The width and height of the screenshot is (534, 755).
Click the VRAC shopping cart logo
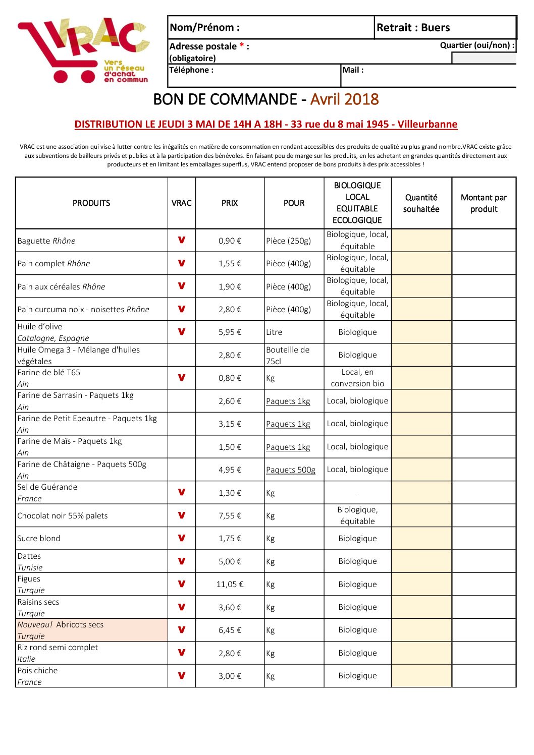83,50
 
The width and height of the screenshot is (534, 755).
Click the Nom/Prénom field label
204,28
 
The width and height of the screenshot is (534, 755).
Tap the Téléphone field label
191,70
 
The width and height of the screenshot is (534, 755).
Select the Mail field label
353,70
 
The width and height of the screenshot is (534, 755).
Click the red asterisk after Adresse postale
242,46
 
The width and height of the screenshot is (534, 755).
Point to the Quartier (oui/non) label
477,45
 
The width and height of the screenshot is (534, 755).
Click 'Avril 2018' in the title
344,99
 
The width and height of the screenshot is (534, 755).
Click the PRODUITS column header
91,203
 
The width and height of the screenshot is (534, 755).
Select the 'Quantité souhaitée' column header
421,203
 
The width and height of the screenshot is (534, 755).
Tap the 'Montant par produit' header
484,203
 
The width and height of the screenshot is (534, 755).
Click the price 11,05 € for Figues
230,585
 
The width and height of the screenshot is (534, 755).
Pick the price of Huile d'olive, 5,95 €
230,332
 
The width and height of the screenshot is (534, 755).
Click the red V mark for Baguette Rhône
182,240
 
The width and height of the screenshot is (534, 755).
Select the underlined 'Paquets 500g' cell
291,470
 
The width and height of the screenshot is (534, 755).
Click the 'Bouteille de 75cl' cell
288,355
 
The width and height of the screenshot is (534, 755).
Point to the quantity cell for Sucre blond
421,539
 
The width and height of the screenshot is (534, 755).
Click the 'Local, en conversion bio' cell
357,378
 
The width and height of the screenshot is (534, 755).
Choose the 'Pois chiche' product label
37,671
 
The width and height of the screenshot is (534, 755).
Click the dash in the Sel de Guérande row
357,493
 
